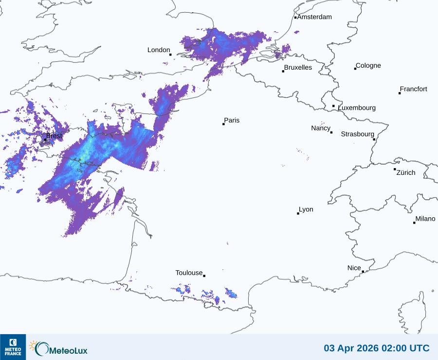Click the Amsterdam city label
(x=314, y=17)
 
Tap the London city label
(x=159, y=50)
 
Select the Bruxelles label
(x=298, y=68)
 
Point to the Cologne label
(x=368, y=66)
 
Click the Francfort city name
(x=414, y=89)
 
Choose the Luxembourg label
(x=357, y=108)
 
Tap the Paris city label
(x=232, y=120)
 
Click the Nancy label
(x=321, y=128)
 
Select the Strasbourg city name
(x=357, y=134)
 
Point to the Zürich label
(x=406, y=172)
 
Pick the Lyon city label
(x=306, y=209)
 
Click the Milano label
(x=425, y=219)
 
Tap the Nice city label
(x=354, y=268)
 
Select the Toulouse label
(x=189, y=273)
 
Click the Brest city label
(x=54, y=136)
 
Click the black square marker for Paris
(x=223, y=124)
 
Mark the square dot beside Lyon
(x=298, y=213)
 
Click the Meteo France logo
(x=13, y=347)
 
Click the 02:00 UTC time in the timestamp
(x=405, y=348)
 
